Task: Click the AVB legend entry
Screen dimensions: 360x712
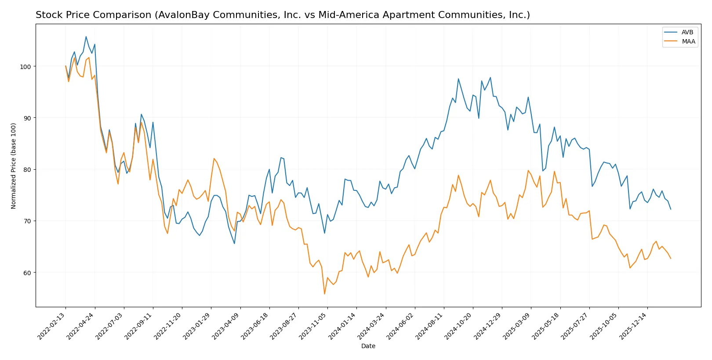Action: click(687, 32)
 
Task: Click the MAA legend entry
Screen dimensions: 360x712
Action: click(688, 41)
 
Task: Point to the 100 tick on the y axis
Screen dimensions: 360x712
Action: click(25, 66)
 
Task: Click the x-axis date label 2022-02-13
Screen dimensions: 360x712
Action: click(52, 326)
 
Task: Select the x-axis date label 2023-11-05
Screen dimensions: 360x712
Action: click(313, 326)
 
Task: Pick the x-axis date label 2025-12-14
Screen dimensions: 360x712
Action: click(633, 326)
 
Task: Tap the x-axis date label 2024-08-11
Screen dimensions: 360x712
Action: click(430, 326)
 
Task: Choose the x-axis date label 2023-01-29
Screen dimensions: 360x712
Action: click(197, 326)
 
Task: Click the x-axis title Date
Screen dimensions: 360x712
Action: click(368, 346)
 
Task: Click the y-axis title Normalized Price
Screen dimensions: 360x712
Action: click(14, 166)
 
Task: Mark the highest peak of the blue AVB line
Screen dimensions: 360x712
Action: click(86, 36)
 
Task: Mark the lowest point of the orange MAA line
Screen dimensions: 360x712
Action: click(324, 294)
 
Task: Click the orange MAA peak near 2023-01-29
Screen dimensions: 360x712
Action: click(214, 158)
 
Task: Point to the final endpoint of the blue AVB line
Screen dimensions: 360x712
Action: click(671, 209)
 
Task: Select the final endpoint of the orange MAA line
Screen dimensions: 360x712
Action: click(671, 258)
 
